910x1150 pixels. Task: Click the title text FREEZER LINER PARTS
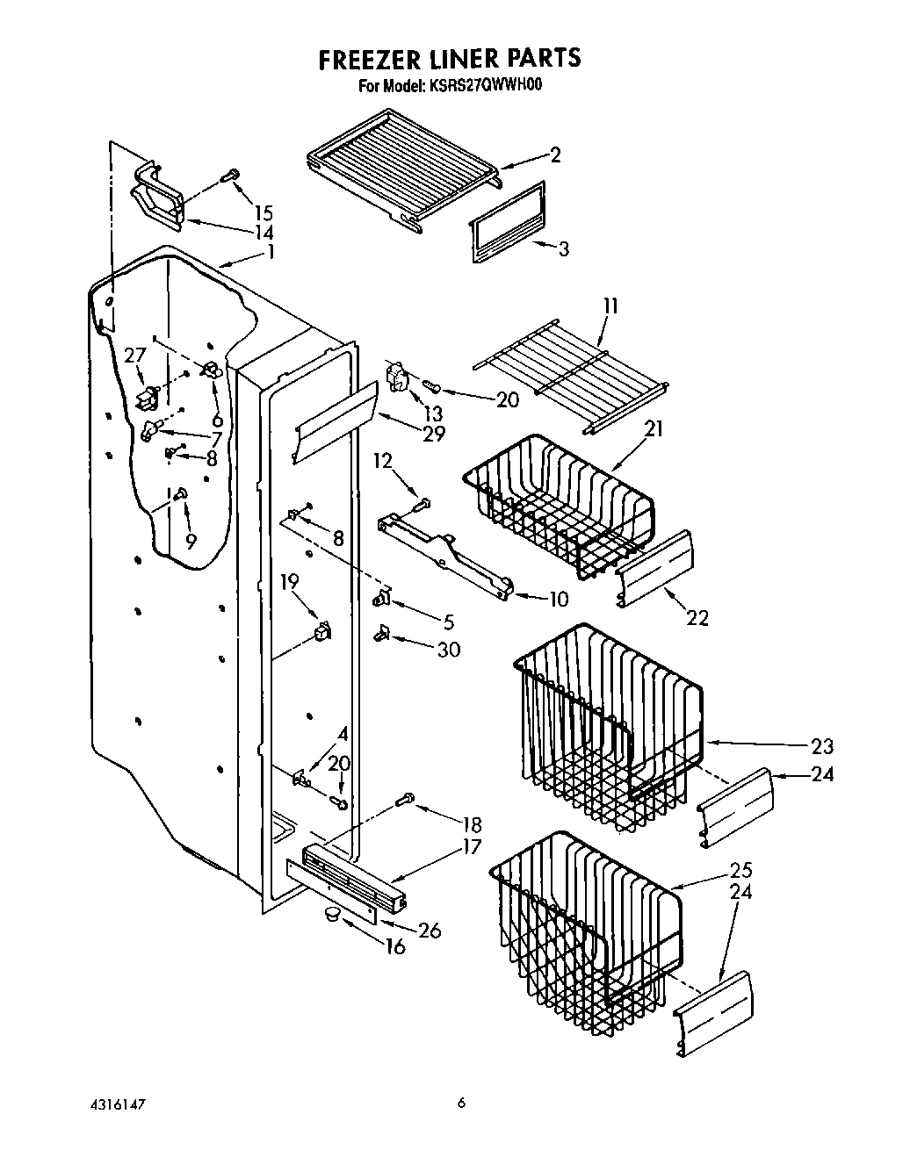tap(449, 59)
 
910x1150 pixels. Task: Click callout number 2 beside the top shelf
tap(555, 155)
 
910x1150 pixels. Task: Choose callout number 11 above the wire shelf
tap(610, 306)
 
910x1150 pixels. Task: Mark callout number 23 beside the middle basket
tap(822, 747)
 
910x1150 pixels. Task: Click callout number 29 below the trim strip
tap(434, 434)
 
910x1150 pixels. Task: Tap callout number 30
tap(449, 650)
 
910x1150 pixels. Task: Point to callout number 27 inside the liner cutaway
tap(134, 356)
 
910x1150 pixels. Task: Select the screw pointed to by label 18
tap(406, 799)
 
